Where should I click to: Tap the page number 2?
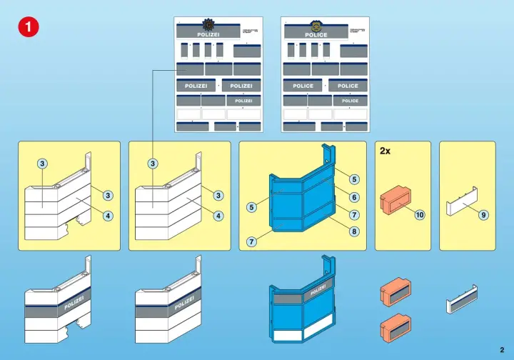coord(502,349)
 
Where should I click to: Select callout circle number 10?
coord(419,214)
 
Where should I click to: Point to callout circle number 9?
coord(483,214)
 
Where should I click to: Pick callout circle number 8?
coord(354,231)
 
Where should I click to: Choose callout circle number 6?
coord(354,197)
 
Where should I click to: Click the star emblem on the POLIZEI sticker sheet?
coord(208,24)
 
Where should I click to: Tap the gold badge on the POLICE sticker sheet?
coord(316,24)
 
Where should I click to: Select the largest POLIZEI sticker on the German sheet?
coord(208,34)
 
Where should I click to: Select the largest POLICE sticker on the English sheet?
coord(316,34)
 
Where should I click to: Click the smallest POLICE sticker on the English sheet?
coord(350,101)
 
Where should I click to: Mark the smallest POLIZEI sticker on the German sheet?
coord(243,101)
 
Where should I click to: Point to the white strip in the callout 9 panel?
coord(462,208)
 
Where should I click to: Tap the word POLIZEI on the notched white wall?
coord(74,302)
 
